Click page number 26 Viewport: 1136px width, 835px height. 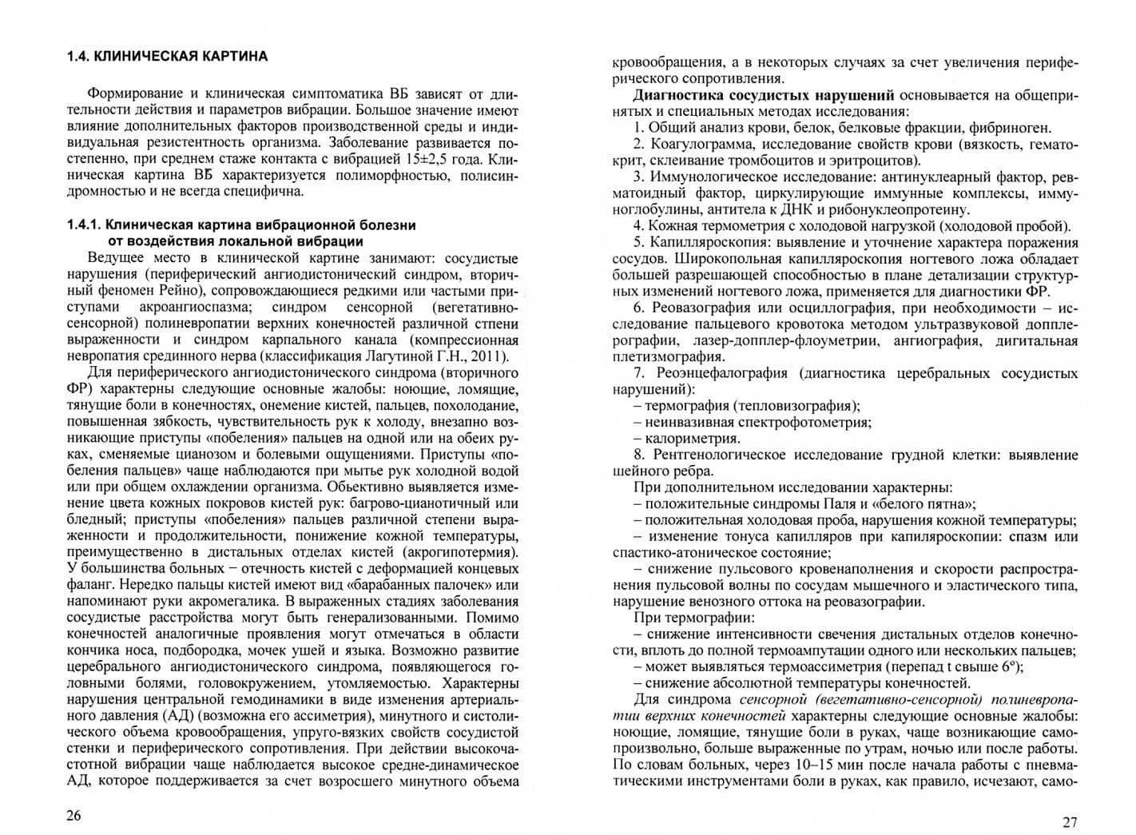click(x=73, y=815)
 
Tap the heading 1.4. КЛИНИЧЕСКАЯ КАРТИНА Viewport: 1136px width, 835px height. click(x=167, y=57)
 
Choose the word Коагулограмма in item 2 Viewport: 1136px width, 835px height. click(x=702, y=144)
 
